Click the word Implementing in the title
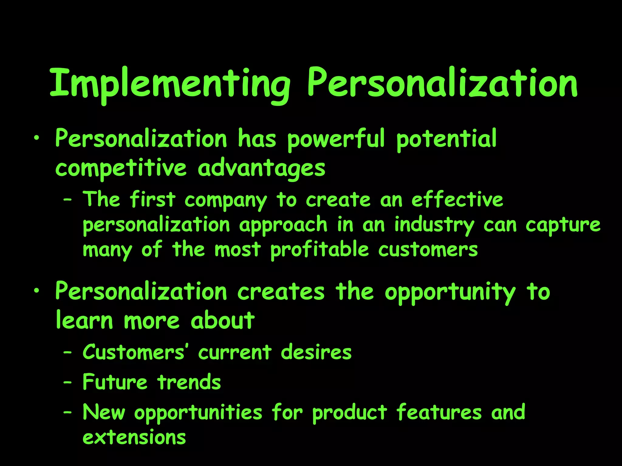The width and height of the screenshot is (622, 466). pyautogui.click(x=170, y=83)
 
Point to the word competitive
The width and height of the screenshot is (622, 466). pyautogui.click(x=121, y=169)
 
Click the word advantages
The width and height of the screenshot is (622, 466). pyautogui.click(x=261, y=169)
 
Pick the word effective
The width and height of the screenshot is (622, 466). pyautogui.click(x=457, y=200)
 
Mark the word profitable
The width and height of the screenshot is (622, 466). pyautogui.click(x=320, y=250)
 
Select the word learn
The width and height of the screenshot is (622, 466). pyautogui.click(x=84, y=321)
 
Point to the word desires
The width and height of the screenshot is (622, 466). pyautogui.click(x=316, y=353)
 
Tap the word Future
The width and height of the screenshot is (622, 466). pyautogui.click(x=115, y=382)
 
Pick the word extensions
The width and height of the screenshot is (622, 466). pyautogui.click(x=134, y=437)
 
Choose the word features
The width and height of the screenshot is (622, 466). pyautogui.click(x=439, y=413)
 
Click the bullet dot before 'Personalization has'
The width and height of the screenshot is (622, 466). pyautogui.click(x=37, y=138)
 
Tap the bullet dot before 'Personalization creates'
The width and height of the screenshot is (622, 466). pyautogui.click(x=37, y=291)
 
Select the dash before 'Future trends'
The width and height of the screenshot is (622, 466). pyautogui.click(x=67, y=383)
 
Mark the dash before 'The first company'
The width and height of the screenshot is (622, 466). pyautogui.click(x=67, y=200)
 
